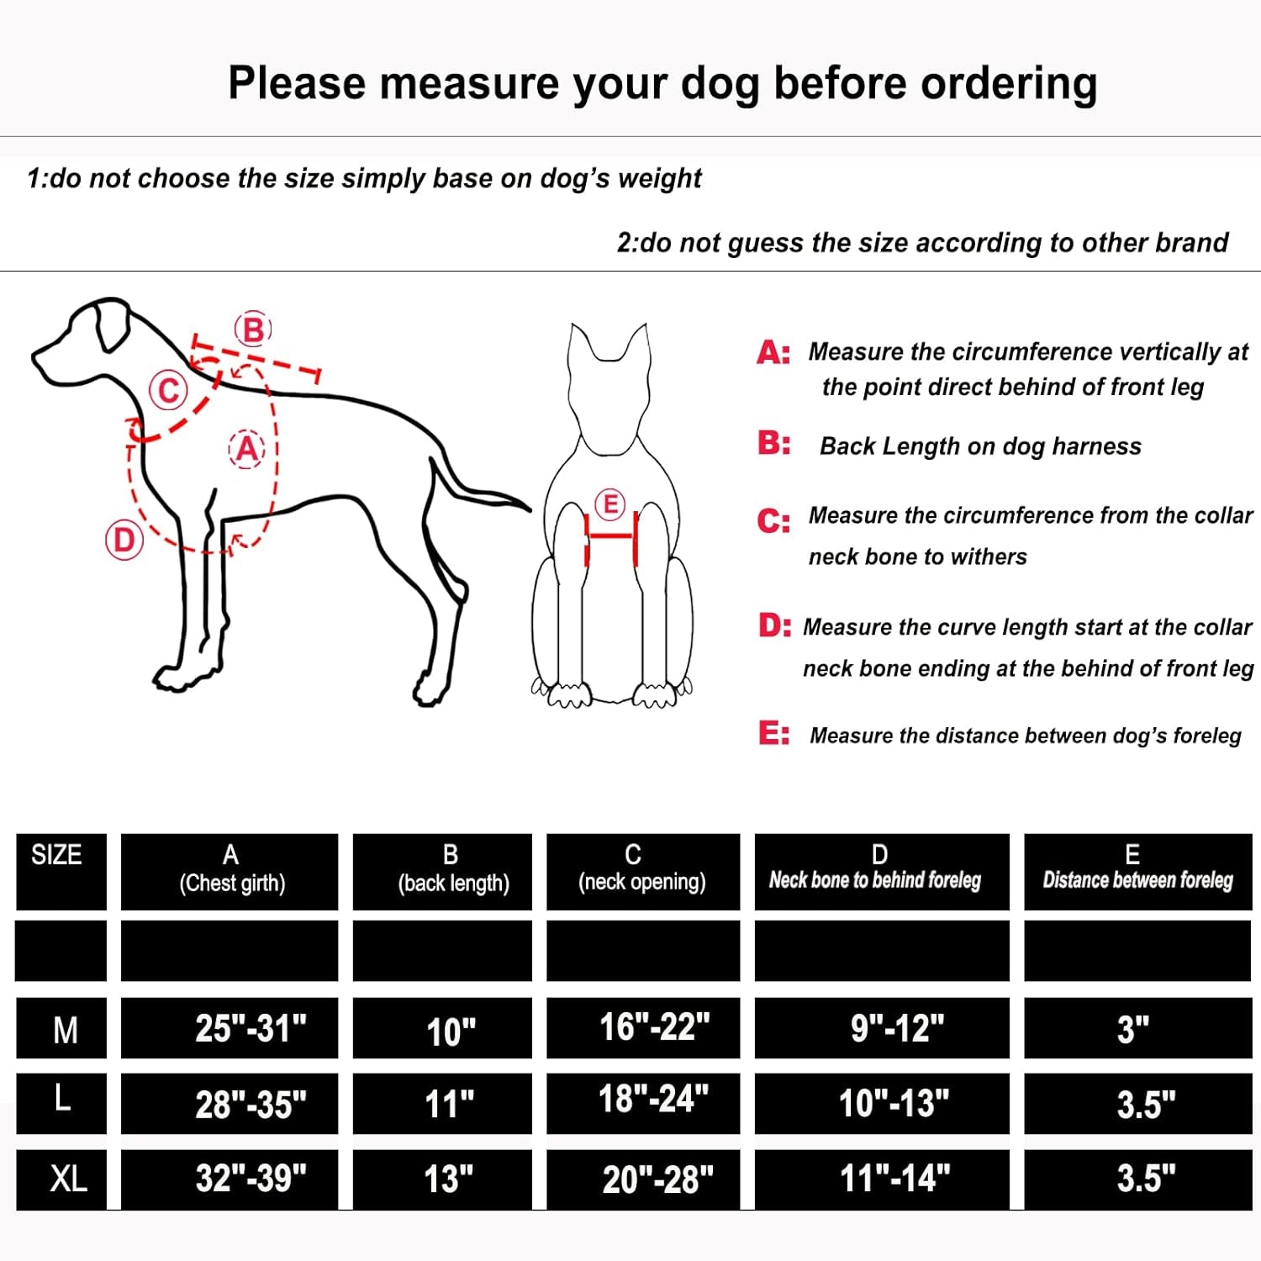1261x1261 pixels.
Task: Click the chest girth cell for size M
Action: [251, 1028]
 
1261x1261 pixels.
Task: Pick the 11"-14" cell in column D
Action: [894, 1179]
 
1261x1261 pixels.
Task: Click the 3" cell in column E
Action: [1132, 1029]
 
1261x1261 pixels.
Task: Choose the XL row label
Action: [67, 1179]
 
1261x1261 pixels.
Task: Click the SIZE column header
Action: [56, 855]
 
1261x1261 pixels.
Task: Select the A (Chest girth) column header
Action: [231, 869]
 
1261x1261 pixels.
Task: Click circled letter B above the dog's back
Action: [253, 330]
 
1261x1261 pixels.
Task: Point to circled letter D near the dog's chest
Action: [124, 540]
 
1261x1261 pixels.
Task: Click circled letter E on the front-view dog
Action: [610, 504]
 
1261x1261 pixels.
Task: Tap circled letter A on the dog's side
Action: [246, 449]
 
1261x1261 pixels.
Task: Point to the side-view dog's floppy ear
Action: [109, 328]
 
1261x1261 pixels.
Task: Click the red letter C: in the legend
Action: [773, 521]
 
